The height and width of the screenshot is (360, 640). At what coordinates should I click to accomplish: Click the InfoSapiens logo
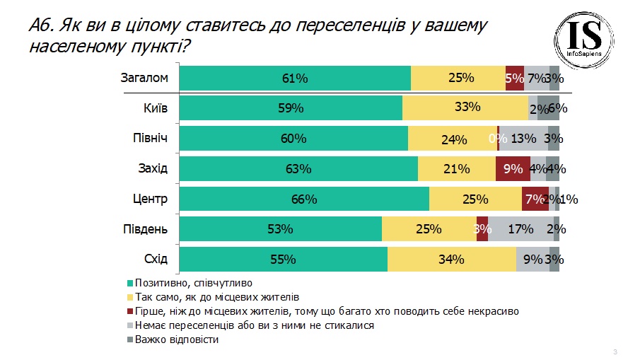pyautogui.click(x=583, y=40)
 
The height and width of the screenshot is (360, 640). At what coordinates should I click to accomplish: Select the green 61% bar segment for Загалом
pyautogui.click(x=295, y=78)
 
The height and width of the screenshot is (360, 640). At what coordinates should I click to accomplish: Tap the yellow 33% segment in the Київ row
pyautogui.click(x=465, y=108)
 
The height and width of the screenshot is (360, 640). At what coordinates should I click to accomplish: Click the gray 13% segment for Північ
pyautogui.click(x=524, y=139)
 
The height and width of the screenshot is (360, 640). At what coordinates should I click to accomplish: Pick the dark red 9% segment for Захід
pyautogui.click(x=513, y=168)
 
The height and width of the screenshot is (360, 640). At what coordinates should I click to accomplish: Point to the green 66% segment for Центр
pyautogui.click(x=305, y=199)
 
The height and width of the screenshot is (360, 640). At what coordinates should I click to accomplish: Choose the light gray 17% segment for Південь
pyautogui.click(x=520, y=229)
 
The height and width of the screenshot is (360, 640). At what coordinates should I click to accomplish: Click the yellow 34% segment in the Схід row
pyautogui.click(x=452, y=259)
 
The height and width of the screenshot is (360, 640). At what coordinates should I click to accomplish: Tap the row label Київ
pyautogui.click(x=156, y=108)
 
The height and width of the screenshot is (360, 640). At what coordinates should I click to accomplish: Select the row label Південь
pyautogui.click(x=145, y=229)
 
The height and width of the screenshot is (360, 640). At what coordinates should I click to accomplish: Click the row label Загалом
pyautogui.click(x=144, y=78)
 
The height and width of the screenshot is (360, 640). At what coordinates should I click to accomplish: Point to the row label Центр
pyautogui.click(x=150, y=199)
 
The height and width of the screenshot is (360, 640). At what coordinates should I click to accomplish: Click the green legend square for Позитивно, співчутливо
pyautogui.click(x=130, y=284)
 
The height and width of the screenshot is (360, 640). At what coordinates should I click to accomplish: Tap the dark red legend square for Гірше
pyautogui.click(x=130, y=311)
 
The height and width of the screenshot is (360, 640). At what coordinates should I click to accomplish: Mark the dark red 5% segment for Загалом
pyautogui.click(x=515, y=78)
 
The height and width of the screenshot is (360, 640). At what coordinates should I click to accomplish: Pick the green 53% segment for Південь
pyautogui.click(x=281, y=229)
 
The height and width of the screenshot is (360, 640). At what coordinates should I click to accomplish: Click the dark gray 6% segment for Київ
pyautogui.click(x=548, y=108)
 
